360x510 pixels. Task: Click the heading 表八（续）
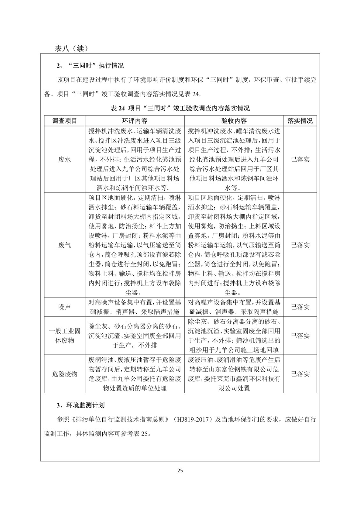click(71, 48)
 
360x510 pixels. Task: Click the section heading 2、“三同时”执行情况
click(90, 66)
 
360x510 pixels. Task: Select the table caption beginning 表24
click(180, 108)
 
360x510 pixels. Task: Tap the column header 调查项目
click(65, 121)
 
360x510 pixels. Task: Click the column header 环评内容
click(135, 121)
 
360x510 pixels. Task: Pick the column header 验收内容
click(234, 121)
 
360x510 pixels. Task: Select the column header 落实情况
click(300, 121)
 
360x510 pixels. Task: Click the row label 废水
click(65, 159)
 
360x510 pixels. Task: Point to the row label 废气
click(65, 245)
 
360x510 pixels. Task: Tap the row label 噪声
click(65, 307)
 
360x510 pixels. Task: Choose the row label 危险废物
click(65, 374)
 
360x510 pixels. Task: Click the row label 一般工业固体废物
click(65, 336)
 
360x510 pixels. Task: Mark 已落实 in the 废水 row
click(300, 159)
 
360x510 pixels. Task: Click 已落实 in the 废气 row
click(300, 245)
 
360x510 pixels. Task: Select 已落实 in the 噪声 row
click(300, 307)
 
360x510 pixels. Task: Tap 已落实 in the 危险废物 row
click(300, 374)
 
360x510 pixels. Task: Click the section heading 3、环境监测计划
click(80, 405)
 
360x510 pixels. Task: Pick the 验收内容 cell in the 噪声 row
click(234, 307)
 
